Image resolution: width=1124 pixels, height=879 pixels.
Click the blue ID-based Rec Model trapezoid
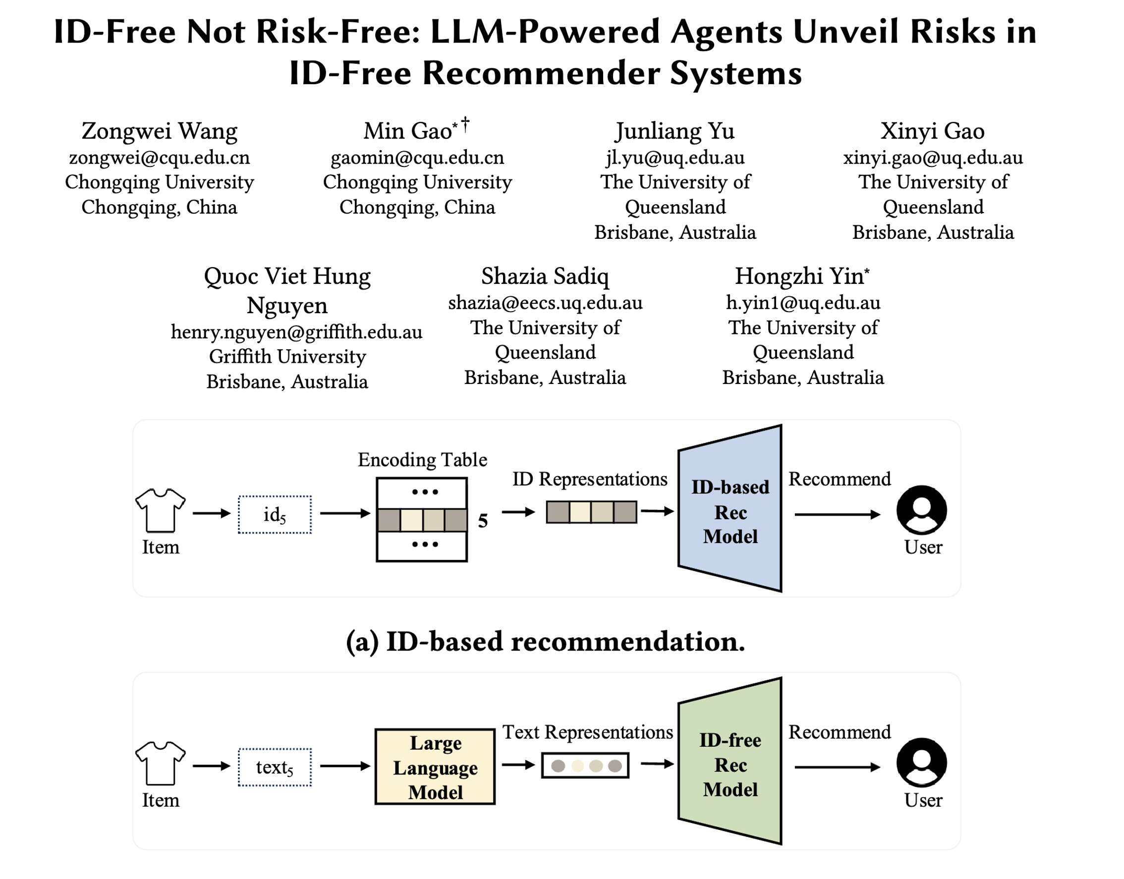(x=730, y=509)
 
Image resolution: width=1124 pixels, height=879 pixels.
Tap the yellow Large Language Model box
(x=435, y=767)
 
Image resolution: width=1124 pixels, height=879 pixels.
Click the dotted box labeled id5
(x=275, y=514)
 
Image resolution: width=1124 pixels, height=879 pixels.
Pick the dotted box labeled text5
(x=275, y=767)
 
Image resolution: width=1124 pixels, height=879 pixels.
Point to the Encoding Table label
(x=422, y=460)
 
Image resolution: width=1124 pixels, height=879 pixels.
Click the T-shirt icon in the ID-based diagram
(x=160, y=509)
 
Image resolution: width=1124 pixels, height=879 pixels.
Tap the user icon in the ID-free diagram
(x=921, y=763)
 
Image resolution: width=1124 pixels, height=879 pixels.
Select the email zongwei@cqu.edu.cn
(x=160, y=158)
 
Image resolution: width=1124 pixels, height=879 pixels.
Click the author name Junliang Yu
(x=674, y=131)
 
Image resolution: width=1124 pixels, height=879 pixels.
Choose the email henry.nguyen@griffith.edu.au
(x=296, y=332)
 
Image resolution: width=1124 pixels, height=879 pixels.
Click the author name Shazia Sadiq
(x=545, y=276)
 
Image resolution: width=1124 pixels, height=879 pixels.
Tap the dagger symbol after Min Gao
(x=465, y=124)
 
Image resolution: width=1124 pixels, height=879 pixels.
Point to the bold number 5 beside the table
(x=483, y=521)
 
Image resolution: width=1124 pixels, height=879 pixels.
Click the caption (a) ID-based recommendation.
(x=546, y=642)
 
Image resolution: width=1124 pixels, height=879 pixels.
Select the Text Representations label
(x=587, y=732)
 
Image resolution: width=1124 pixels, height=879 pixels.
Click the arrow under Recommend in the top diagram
(x=838, y=514)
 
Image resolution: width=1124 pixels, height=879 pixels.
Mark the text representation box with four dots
(x=585, y=765)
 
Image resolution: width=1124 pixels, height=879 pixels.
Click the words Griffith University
(x=287, y=356)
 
